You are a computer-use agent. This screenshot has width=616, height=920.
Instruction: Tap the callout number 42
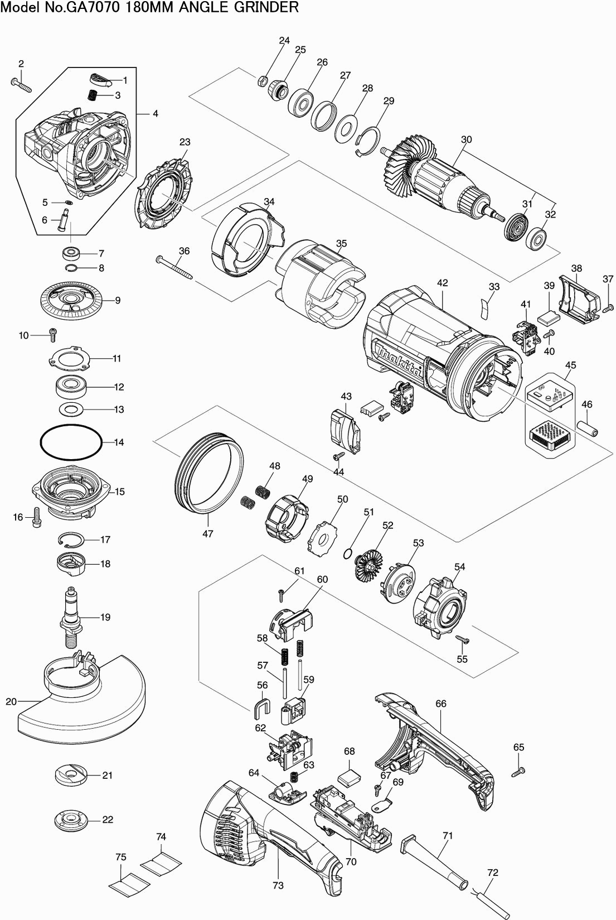[x=442, y=283]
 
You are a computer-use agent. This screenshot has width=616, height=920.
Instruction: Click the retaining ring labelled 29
[x=368, y=139]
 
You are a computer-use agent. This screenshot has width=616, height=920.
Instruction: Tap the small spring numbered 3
[x=94, y=95]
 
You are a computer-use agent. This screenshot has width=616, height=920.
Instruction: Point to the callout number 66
[x=441, y=704]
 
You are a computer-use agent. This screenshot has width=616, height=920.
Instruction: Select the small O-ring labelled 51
[x=347, y=553]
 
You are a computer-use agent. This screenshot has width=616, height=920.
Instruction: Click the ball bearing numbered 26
[x=302, y=102]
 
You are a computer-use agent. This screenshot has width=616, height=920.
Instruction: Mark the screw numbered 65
[x=518, y=772]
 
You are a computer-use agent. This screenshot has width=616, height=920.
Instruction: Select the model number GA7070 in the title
[x=81, y=7]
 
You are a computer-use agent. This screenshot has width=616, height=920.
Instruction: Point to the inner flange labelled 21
[x=71, y=776]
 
